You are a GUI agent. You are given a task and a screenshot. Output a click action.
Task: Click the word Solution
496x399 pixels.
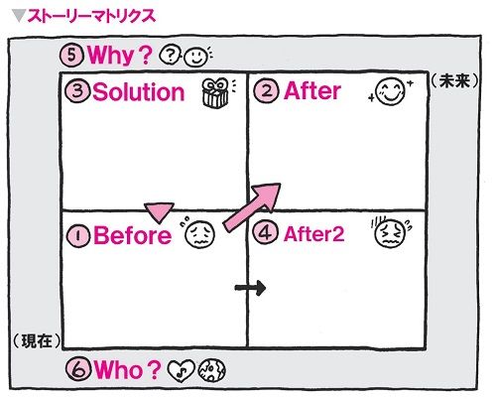tap(139, 91)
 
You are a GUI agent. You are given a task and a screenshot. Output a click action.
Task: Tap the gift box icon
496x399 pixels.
tap(215, 93)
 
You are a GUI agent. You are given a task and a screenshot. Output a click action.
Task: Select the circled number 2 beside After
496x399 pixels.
tap(266, 90)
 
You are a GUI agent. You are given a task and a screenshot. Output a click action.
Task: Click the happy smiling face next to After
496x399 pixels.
tap(390, 91)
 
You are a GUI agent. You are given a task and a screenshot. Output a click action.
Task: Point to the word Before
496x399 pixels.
tap(133, 235)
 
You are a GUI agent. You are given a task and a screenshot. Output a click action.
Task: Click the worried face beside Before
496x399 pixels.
tap(199, 234)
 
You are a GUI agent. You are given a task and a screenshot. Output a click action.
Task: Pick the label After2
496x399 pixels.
tap(313, 234)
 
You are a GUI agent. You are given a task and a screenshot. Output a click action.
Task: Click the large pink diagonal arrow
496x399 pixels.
tap(252, 207)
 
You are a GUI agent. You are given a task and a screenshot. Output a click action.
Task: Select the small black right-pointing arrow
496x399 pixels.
tap(250, 288)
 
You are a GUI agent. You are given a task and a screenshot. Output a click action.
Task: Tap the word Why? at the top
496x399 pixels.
tap(120, 55)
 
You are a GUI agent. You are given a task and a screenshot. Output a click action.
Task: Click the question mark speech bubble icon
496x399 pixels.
tap(170, 56)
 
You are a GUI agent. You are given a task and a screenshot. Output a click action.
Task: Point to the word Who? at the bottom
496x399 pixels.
tap(127, 369)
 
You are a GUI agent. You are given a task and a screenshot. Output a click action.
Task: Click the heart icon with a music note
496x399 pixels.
tap(181, 370)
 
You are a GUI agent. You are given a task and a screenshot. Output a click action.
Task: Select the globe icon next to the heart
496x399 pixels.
tap(211, 370)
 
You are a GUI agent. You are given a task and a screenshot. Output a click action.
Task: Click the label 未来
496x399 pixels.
tap(454, 81)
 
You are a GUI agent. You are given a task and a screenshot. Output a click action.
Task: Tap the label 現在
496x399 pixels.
tap(37, 340)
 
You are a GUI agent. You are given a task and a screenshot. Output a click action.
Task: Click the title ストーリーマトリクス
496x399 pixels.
tap(91, 16)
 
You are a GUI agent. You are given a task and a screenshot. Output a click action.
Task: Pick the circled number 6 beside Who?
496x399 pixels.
tap(78, 369)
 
